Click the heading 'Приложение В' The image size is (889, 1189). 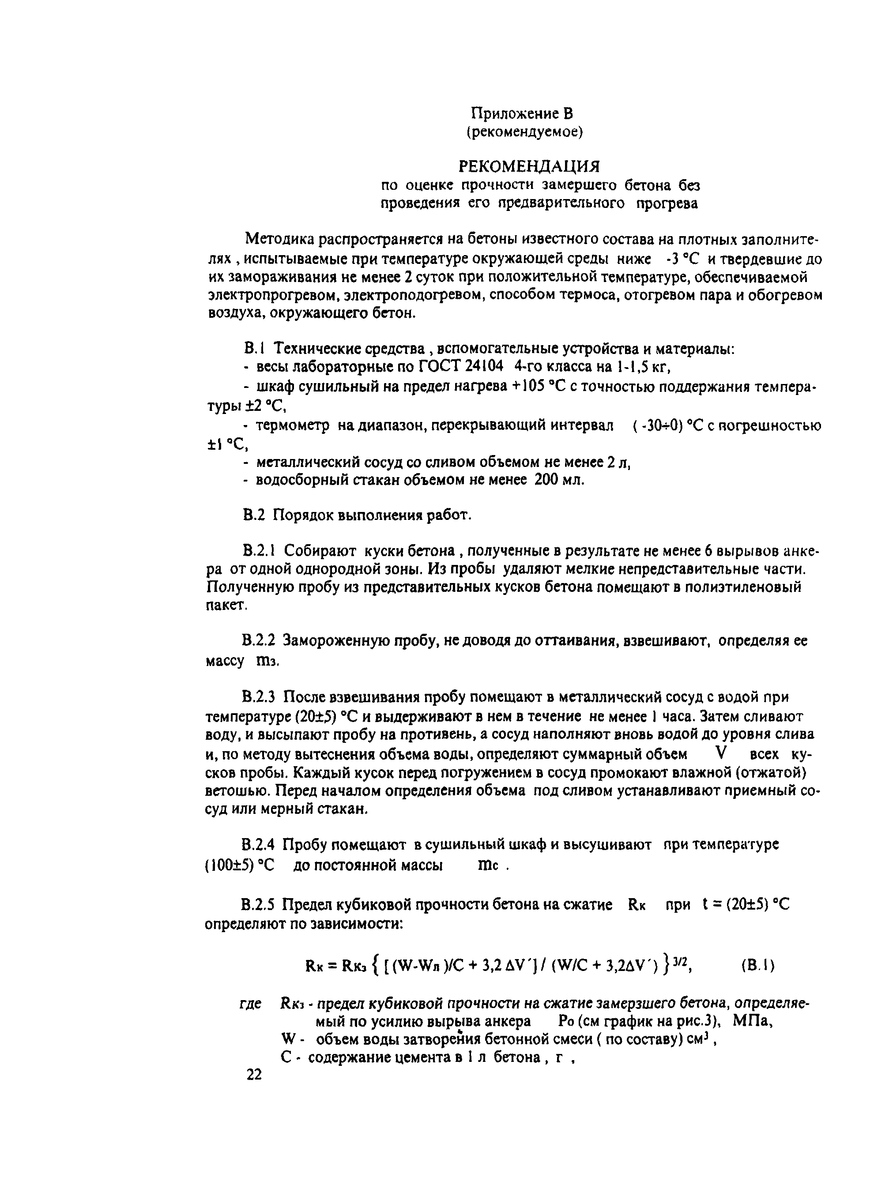pos(521,113)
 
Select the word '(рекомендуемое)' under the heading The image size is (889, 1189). pos(524,132)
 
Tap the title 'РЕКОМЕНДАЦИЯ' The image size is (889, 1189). pos(528,166)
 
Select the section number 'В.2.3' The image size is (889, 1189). pos(259,697)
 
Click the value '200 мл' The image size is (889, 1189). pos(559,480)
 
